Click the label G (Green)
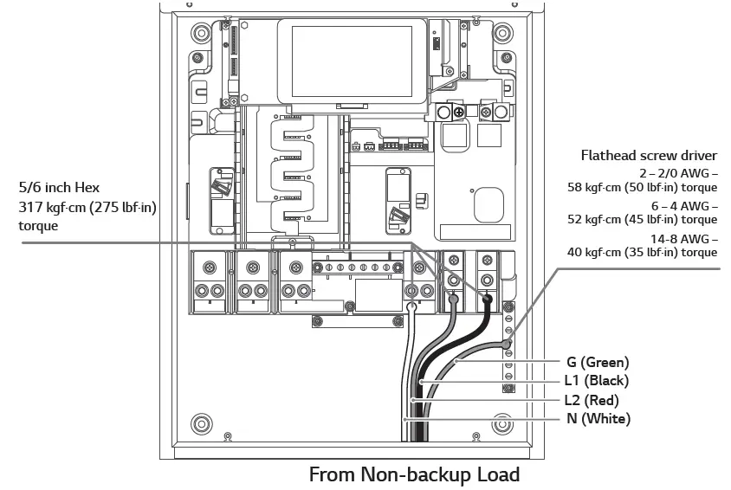coord(598,362)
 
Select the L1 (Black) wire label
coord(597,381)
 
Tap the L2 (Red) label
coord(596,400)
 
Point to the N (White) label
coord(598,419)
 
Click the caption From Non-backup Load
coord(414,474)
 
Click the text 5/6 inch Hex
coord(59,187)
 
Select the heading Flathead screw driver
coord(649,156)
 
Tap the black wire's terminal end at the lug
coord(488,300)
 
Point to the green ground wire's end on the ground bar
coord(507,345)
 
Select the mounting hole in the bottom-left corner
coord(202,424)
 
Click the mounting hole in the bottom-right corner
coord(501,424)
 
